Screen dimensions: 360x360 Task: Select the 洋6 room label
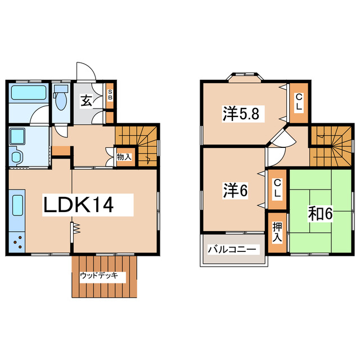click(x=235, y=190)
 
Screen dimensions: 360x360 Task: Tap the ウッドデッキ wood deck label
click(x=98, y=276)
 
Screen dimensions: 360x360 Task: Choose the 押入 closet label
click(x=277, y=231)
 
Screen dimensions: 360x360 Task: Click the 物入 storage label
click(x=124, y=157)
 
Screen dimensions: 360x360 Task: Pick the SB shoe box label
click(x=110, y=94)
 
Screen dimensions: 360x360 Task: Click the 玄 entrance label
click(x=86, y=101)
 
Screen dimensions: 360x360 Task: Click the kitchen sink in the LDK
click(x=17, y=206)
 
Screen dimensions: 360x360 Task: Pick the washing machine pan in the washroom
click(x=19, y=137)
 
